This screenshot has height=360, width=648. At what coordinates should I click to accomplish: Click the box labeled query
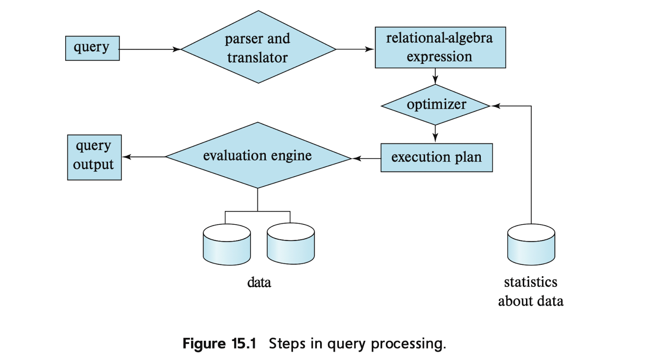coord(92,48)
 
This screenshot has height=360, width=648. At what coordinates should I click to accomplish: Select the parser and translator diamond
coord(258,48)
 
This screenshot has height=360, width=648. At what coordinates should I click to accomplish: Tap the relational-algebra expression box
coord(440,47)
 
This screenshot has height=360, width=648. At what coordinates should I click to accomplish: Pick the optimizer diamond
coord(436,105)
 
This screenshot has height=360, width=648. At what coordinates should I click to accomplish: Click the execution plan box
coord(436,158)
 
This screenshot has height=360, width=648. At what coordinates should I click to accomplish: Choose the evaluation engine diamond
coord(258,156)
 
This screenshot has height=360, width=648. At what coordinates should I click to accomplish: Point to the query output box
coord(94,156)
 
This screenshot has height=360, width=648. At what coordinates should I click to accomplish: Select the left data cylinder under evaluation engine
coord(226,244)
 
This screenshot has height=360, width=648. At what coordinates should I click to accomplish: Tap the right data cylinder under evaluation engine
coord(291,244)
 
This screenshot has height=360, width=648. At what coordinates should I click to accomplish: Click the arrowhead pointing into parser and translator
coord(178,49)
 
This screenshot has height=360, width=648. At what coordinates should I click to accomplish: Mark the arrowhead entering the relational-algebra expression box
coord(371,49)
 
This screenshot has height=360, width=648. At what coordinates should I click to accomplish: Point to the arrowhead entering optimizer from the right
coord(494,106)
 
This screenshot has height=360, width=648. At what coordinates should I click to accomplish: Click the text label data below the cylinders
coord(259,282)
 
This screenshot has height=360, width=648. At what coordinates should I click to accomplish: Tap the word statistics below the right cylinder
coord(530,282)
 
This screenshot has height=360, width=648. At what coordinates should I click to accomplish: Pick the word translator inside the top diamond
coord(257,58)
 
